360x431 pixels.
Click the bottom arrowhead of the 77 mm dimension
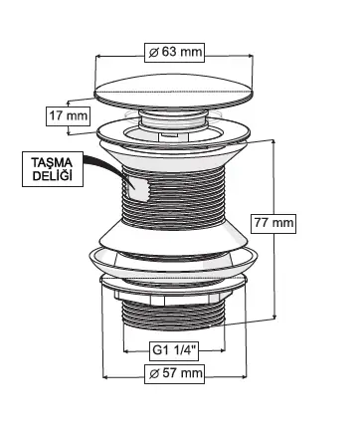coord(274,318)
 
